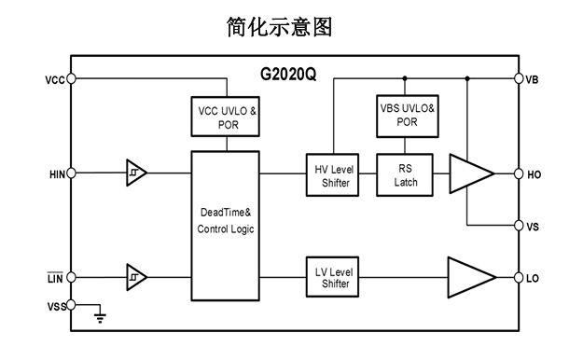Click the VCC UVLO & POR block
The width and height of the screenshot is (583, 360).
click(226, 117)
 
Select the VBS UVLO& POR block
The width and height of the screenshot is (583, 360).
click(407, 116)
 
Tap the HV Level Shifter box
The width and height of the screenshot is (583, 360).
click(332, 174)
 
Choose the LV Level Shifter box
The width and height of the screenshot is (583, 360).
click(332, 277)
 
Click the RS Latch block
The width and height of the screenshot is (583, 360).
click(405, 174)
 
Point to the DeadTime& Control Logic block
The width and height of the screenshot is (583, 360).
click(226, 226)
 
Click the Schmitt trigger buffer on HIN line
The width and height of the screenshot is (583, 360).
click(136, 173)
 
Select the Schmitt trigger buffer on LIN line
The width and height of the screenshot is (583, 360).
click(136, 277)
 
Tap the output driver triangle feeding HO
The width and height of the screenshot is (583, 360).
click(471, 173)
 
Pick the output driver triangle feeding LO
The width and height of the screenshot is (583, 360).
click(471, 277)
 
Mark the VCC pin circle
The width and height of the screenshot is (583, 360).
click(71, 78)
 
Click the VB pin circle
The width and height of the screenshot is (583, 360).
click(519, 78)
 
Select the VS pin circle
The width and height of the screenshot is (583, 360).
click(519, 226)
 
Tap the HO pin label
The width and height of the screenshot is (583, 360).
click(534, 174)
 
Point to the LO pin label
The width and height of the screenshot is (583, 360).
click(533, 278)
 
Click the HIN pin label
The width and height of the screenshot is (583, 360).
click(57, 174)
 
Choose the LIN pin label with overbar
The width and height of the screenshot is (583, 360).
click(55, 278)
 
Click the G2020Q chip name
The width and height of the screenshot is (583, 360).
click(288, 75)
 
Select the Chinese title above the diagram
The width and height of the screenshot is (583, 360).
click(279, 27)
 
